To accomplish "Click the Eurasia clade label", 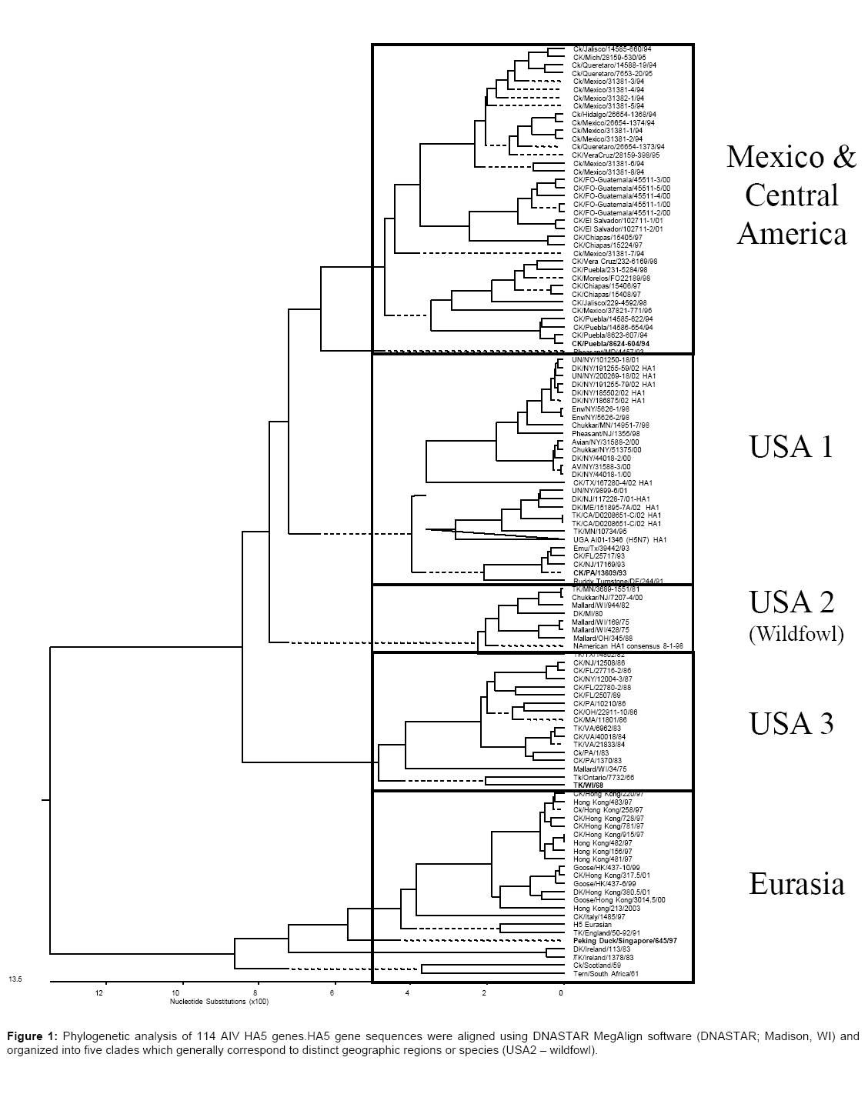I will (796, 884).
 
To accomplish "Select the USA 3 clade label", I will (791, 723).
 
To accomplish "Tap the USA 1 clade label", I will (791, 446).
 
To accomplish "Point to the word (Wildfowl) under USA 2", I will (796, 634).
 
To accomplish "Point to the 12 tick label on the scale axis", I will (99, 993).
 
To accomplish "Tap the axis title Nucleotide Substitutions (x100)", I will (219, 1002).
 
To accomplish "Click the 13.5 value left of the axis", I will (15, 979).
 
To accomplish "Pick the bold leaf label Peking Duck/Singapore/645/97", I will (625, 941).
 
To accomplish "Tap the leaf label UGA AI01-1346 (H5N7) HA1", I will (620, 540).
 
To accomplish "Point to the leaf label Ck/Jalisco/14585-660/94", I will (613, 48).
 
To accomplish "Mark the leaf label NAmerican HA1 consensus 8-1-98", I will (628, 646).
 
